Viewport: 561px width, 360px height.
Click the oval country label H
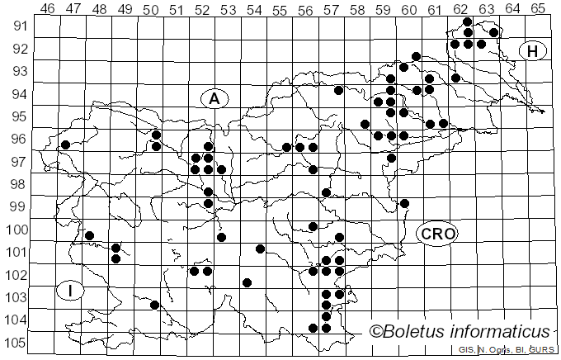(x=533, y=52)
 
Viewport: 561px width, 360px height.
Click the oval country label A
(x=214, y=99)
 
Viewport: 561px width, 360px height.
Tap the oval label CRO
(x=436, y=234)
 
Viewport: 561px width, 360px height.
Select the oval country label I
(x=72, y=291)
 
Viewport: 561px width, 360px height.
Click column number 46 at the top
(x=48, y=8)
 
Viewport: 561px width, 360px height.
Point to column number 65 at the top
(x=538, y=8)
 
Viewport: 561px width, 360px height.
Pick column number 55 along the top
(x=280, y=8)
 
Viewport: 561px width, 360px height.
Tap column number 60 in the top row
(x=409, y=8)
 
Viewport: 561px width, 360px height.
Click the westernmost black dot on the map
(x=65, y=145)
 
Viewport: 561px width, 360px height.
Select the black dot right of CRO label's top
(x=404, y=203)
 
